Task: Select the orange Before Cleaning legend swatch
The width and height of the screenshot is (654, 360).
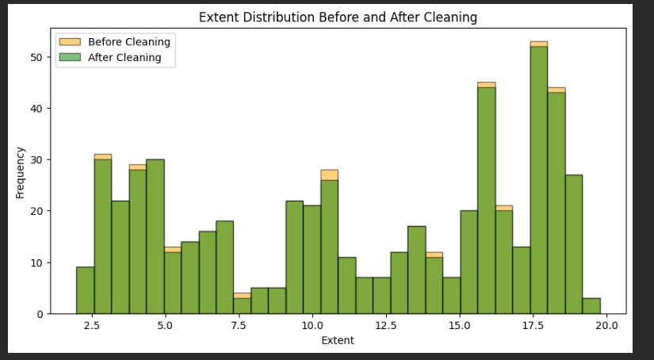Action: coord(69,42)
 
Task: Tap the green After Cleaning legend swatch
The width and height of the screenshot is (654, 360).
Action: coord(69,57)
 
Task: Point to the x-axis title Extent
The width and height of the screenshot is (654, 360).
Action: coord(337,341)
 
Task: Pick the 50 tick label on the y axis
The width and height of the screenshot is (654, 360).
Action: coord(37,57)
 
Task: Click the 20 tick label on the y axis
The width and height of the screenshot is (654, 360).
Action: coord(37,211)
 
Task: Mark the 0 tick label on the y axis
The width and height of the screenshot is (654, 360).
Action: coord(40,314)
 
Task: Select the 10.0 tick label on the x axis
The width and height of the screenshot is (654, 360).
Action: coord(312,325)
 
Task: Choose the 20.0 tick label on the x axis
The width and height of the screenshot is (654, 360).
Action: coord(607,325)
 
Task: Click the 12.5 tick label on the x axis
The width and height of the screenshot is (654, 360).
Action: coord(386,325)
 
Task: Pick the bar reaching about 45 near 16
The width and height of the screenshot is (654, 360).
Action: coord(487,198)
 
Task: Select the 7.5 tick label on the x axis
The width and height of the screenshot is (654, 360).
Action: coord(238,325)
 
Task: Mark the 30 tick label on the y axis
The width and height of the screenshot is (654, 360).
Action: coord(37,159)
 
